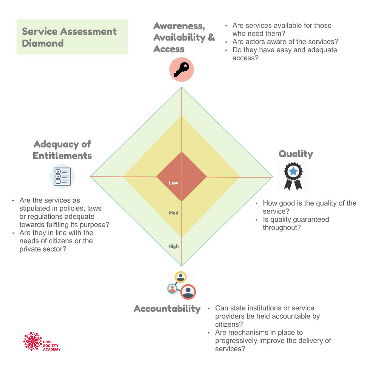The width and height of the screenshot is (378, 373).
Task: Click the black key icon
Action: click(x=181, y=70)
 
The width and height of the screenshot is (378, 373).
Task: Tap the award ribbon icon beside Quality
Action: click(x=293, y=176)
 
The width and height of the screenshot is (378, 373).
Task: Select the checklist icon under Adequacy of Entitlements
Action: click(x=62, y=176)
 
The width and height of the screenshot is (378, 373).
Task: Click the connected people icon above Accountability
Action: click(x=181, y=286)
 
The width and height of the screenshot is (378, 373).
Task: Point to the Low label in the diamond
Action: click(x=174, y=183)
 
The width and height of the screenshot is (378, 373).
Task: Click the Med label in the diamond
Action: click(x=174, y=213)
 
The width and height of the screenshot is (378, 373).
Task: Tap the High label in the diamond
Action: click(x=174, y=246)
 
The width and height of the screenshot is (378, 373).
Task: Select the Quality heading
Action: click(x=296, y=154)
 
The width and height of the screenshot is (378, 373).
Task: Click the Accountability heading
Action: click(x=167, y=309)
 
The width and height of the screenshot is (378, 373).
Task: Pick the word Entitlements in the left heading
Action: click(x=62, y=156)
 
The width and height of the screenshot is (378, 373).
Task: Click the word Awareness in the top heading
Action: click(x=178, y=26)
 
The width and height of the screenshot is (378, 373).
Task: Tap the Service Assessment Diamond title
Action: click(x=69, y=37)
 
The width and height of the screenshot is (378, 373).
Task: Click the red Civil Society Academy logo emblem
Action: click(x=33, y=341)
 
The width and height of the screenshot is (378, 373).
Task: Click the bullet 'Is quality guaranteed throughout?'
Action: click(x=296, y=223)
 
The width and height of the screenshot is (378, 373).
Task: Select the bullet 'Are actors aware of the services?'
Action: click(x=285, y=41)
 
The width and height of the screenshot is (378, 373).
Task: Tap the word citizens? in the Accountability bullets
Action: click(x=229, y=324)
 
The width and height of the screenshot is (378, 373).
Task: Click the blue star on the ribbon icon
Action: click(x=293, y=171)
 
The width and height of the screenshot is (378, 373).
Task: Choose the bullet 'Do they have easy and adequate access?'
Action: click(x=284, y=54)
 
